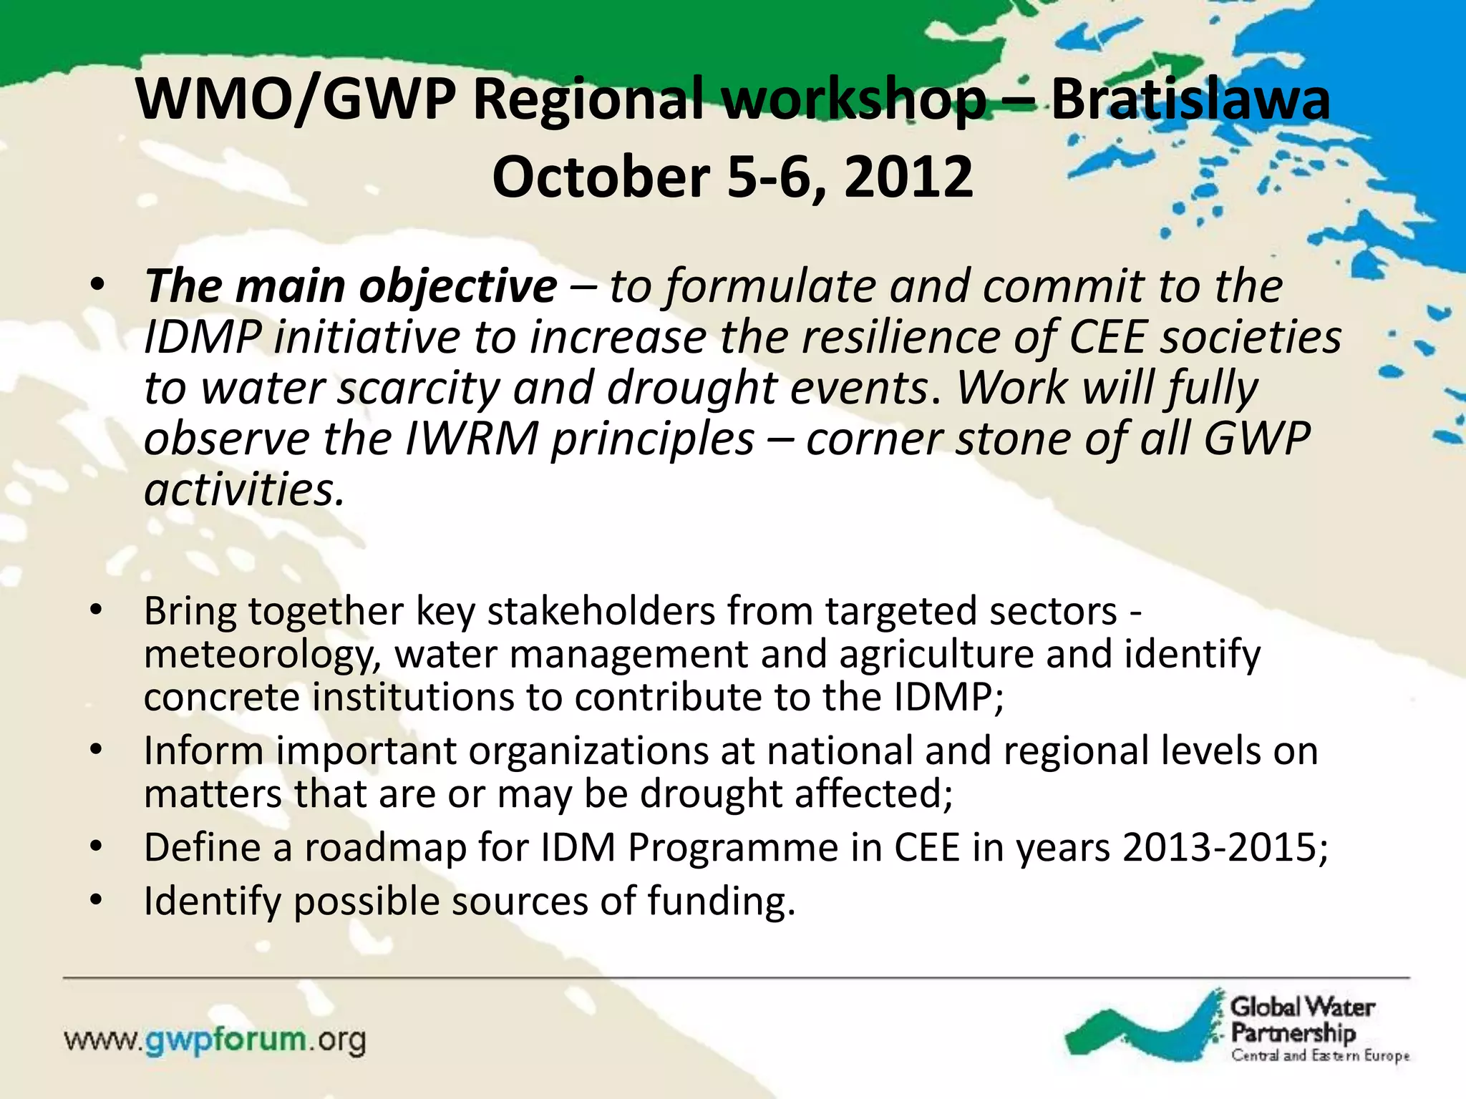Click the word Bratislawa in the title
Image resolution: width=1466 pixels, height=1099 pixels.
point(1190,100)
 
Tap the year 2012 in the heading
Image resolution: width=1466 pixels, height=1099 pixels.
point(908,177)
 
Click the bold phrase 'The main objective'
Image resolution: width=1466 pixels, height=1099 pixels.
point(351,286)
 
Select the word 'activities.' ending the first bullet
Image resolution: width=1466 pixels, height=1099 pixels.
point(244,490)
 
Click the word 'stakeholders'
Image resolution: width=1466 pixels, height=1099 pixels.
point(601,612)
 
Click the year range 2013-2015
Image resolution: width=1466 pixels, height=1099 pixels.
point(1225,848)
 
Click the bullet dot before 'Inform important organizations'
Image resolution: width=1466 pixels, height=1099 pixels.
point(97,749)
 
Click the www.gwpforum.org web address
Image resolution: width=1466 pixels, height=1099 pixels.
point(215,1040)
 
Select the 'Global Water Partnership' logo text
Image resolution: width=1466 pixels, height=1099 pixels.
point(1301,1020)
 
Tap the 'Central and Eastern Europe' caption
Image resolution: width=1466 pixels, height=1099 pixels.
point(1320,1056)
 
